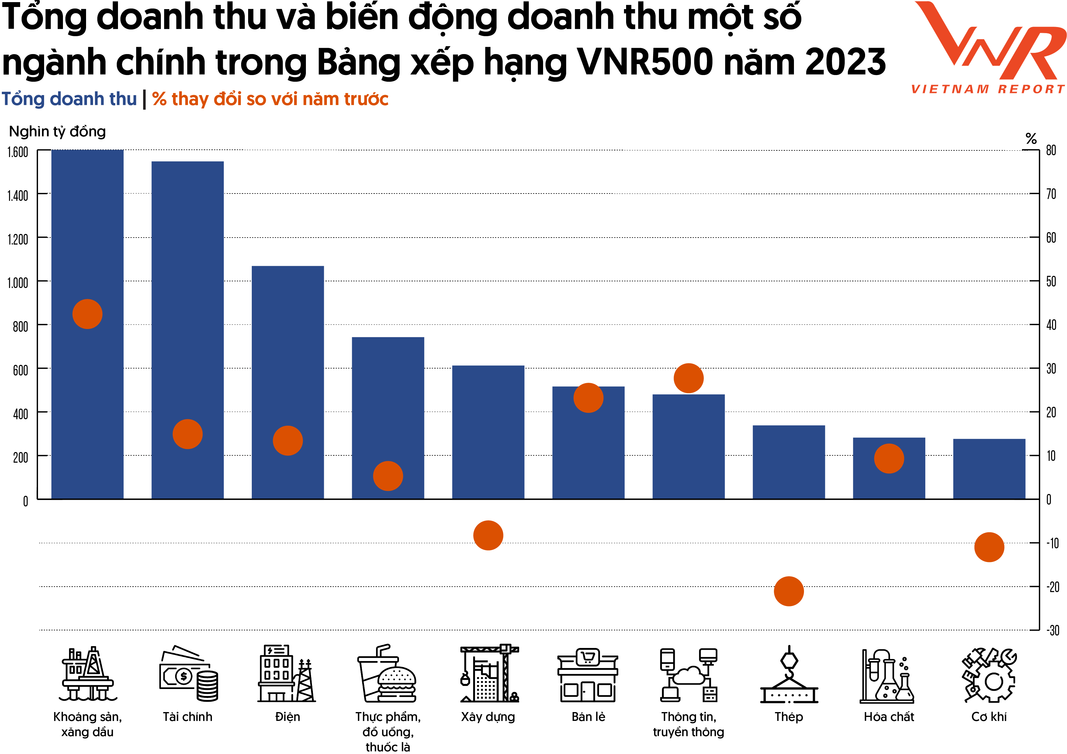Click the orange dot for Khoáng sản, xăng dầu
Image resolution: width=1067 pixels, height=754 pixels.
[87, 314]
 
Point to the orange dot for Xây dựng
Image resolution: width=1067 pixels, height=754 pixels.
[488, 535]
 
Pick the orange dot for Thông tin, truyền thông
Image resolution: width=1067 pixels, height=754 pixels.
[688, 378]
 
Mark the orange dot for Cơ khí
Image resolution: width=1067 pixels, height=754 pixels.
[989, 547]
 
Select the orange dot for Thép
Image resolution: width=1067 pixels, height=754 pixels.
[789, 591]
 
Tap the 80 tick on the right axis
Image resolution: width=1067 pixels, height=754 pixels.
[1051, 150]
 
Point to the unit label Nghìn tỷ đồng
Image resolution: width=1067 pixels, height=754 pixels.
[57, 132]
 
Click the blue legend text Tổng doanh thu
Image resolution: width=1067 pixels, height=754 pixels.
[69, 99]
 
